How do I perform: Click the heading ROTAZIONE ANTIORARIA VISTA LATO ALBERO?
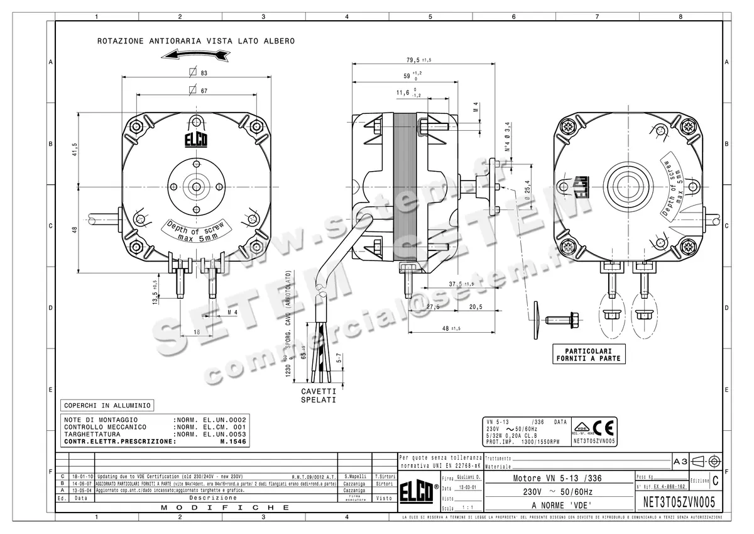[195, 42]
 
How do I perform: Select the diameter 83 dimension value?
[204, 73]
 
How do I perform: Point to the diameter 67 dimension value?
[204, 91]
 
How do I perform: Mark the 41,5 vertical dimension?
[74, 149]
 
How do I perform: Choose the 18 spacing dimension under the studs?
[196, 331]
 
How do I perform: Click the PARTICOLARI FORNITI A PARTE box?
[588, 354]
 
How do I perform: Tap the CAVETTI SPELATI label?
[319, 395]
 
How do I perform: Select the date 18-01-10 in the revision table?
[82, 477]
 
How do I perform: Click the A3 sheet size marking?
[680, 461]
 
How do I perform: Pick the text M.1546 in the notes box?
[232, 442]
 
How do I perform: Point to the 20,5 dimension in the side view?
[475, 307]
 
